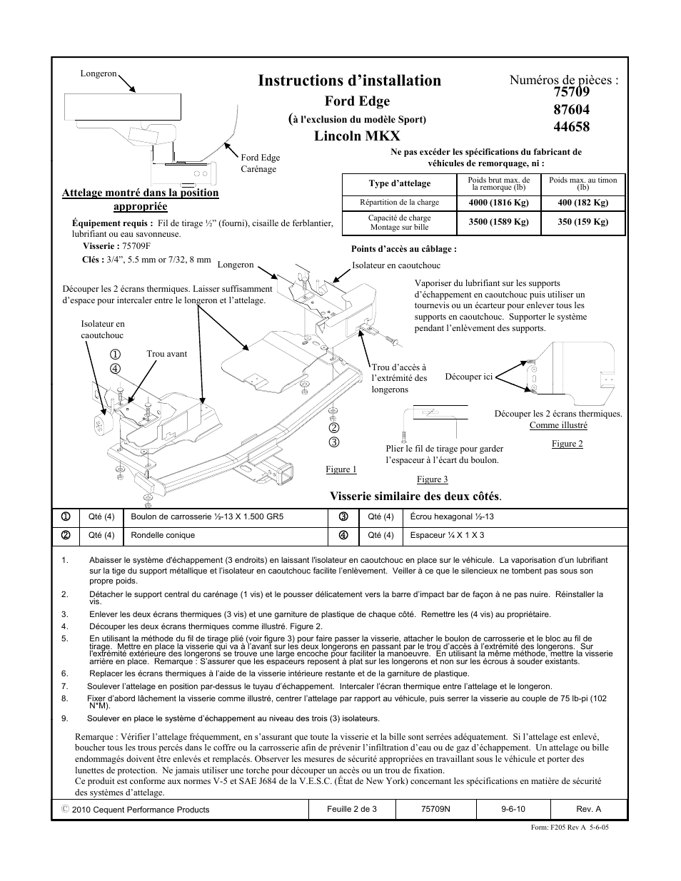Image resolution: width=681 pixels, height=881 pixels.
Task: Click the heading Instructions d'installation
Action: pos(350,81)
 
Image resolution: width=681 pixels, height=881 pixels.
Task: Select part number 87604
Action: pos(570,109)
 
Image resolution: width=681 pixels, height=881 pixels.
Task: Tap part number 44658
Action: pos(570,127)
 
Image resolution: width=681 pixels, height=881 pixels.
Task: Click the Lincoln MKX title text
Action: pos(357,136)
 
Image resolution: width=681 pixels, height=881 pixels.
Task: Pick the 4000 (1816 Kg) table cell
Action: pos(498,203)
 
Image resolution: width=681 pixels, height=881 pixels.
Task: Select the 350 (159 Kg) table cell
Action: pos(583,222)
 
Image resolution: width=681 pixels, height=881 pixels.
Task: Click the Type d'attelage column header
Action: pos(400,184)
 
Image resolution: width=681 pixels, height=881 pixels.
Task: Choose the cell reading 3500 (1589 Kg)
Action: pos(498,222)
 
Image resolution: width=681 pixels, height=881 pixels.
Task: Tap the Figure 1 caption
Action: pos(340,469)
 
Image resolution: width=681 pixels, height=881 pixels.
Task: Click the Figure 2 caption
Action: pos(567,444)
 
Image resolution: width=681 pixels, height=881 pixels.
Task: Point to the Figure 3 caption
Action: pos(432,479)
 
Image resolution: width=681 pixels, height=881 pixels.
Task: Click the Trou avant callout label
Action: pos(166,354)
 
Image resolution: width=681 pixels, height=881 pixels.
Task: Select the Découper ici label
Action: pos(468,377)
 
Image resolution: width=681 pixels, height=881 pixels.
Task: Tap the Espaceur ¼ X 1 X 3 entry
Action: pos(447,535)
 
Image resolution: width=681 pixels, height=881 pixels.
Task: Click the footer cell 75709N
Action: pos(434,809)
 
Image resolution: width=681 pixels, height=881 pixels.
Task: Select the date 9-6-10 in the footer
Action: pos(514,809)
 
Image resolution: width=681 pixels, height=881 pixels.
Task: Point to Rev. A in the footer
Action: pos(588,809)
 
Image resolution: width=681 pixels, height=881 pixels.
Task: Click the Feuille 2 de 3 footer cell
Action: pos(352,809)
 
